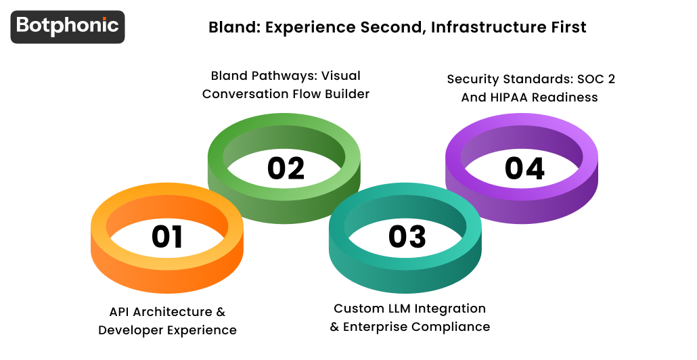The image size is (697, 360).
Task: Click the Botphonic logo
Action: point(68,26)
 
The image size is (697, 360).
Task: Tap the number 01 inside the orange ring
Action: point(167,237)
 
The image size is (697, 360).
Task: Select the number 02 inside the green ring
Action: point(286,168)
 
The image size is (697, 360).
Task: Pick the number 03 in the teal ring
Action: point(407,236)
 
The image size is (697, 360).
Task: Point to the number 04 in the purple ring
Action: point(524,168)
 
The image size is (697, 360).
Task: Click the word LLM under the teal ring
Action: point(398,309)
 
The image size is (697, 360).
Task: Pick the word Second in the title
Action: point(385,27)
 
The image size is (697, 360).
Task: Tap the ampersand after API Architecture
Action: point(220,312)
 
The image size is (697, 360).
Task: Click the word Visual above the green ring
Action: point(341,76)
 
